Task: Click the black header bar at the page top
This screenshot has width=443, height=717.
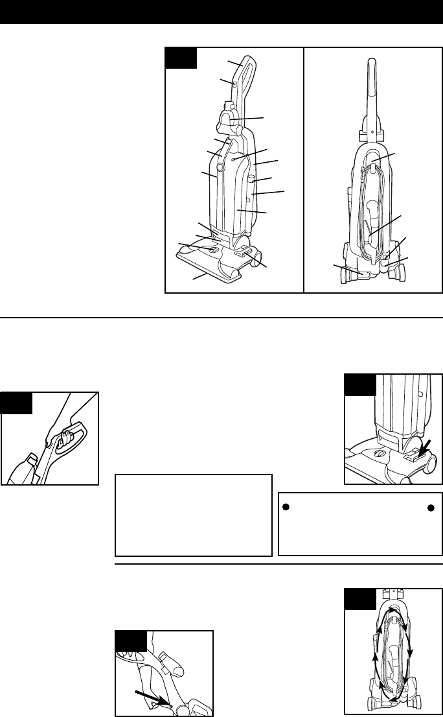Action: point(221,12)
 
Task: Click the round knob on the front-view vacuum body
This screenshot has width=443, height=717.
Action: point(220,167)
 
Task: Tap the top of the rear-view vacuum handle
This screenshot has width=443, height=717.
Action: point(373,62)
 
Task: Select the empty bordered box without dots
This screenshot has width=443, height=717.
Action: point(193,515)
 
